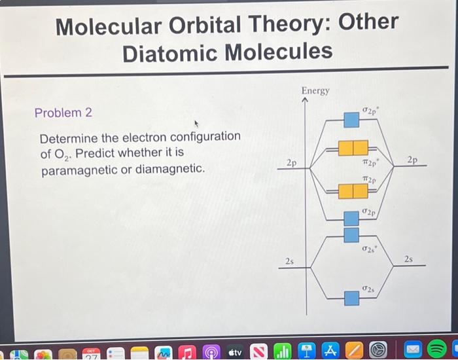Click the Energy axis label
tap(315, 91)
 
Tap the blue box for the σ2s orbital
tap(352, 298)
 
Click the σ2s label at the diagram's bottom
tap(369, 289)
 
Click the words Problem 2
tap(63, 113)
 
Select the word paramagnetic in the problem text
tap(82, 170)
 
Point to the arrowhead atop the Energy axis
tap(305, 101)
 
